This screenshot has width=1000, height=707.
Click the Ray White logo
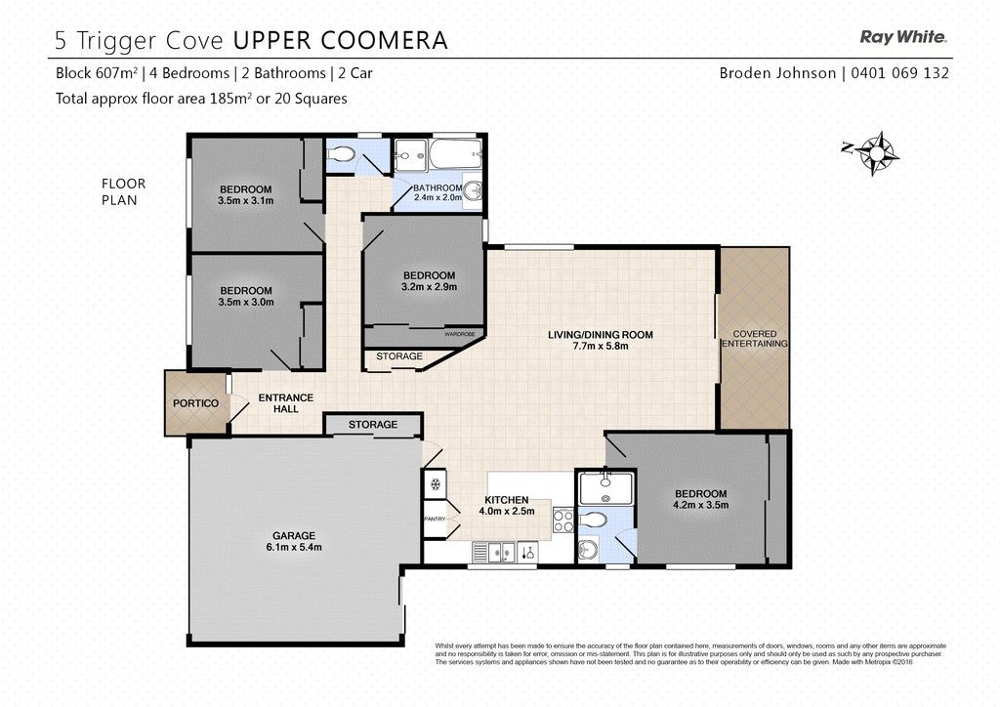(903, 37)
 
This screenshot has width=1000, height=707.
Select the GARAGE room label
(294, 536)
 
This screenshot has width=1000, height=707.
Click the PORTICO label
(195, 403)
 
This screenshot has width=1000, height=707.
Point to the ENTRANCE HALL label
(286, 403)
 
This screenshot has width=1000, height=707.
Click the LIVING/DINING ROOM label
(601, 335)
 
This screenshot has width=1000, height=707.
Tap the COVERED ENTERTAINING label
(755, 339)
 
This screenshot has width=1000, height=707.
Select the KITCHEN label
(507, 500)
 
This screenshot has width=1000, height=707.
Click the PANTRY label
(435, 519)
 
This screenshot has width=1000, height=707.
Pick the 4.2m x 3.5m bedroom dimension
(701, 505)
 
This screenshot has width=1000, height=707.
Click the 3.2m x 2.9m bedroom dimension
(430, 287)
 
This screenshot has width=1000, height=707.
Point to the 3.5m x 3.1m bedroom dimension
(245, 200)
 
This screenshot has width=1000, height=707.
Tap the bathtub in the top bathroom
(455, 153)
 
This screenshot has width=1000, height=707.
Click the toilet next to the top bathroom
(341, 154)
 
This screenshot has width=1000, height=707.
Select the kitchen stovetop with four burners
(563, 520)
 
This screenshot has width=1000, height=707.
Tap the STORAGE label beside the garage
(373, 425)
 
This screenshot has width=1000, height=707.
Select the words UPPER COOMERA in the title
(340, 40)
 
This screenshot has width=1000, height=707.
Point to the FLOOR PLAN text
(123, 191)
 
